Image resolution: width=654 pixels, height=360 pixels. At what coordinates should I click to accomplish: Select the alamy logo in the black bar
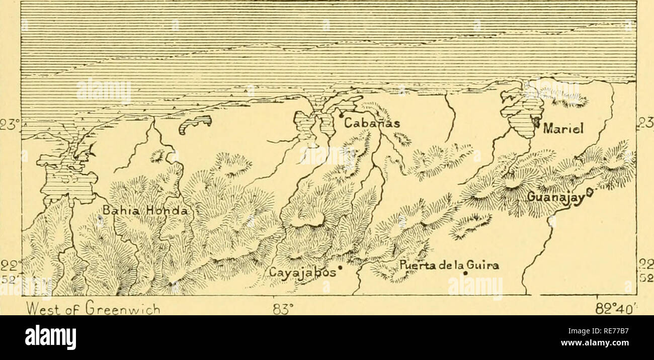(50, 337)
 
